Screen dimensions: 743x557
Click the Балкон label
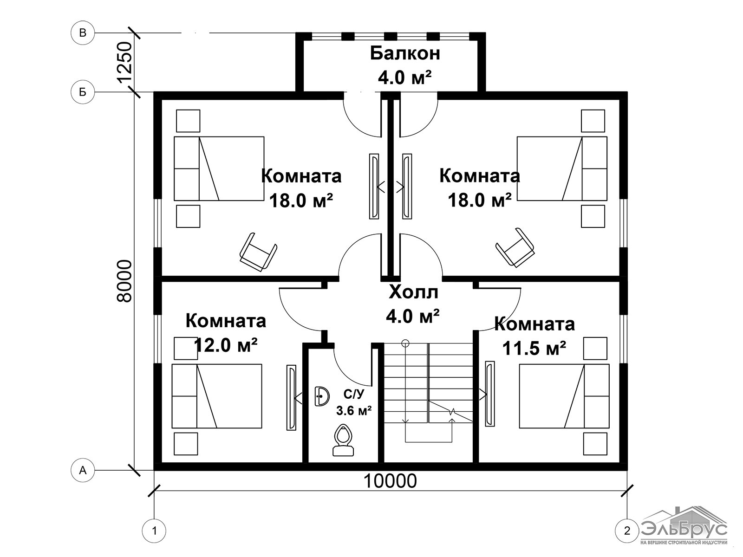click(405, 53)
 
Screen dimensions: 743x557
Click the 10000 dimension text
click(390, 481)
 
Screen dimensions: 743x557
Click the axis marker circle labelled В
click(83, 33)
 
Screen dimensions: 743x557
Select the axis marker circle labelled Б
click(83, 91)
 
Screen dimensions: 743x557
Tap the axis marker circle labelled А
click(83, 470)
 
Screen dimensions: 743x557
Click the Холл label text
click(413, 292)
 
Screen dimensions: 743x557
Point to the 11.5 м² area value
click(534, 348)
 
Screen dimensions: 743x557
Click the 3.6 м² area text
click(354, 411)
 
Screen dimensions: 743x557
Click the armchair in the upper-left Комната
click(258, 253)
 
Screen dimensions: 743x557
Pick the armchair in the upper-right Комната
click(515, 247)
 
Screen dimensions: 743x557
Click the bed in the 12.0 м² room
click(217, 396)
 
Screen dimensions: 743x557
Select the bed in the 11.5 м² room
click(564, 396)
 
